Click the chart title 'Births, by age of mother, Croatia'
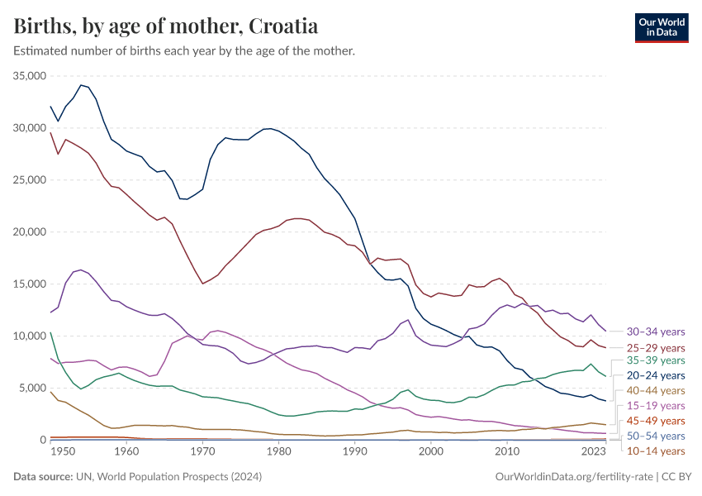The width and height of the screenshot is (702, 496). (x=166, y=26)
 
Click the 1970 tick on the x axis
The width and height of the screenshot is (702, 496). (x=202, y=452)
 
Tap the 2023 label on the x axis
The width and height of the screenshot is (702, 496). (x=594, y=452)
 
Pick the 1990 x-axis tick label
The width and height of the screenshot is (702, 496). (x=354, y=452)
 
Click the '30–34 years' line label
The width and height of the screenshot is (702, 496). (x=656, y=331)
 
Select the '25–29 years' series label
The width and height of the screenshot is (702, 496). (x=656, y=347)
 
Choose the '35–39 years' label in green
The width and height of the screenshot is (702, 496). (x=656, y=360)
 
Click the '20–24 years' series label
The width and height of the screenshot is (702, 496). (x=656, y=375)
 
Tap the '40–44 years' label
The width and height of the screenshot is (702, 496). (x=656, y=390)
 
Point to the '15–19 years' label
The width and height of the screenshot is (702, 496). (x=656, y=405)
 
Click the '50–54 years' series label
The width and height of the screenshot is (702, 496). (x=656, y=436)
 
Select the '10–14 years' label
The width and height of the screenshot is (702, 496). (x=656, y=451)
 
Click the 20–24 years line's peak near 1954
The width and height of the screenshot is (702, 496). (x=81, y=84)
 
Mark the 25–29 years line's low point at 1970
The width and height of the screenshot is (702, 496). (x=202, y=284)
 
